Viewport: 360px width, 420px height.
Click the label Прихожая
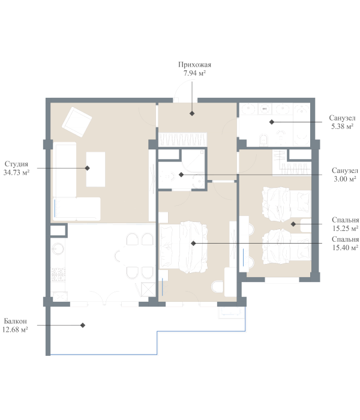195,65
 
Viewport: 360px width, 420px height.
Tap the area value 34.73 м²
16,173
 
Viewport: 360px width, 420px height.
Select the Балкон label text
15,321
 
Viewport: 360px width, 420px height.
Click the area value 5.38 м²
343,127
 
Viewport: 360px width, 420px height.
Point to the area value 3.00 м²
345,179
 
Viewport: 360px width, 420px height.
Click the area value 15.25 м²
346,229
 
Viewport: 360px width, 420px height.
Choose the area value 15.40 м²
346,248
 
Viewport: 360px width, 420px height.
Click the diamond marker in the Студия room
88,168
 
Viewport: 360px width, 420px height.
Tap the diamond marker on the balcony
83,325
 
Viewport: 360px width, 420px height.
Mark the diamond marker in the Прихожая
192,113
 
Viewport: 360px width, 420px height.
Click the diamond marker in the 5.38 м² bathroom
272,122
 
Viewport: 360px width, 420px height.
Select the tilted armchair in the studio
77,122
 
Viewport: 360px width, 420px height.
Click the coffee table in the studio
95,169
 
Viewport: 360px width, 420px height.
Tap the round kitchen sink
58,248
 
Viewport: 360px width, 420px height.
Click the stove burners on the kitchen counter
58,274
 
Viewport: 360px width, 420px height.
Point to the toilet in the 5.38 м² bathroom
264,140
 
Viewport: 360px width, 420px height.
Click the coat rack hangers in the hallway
182,139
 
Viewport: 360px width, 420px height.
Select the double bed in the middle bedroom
184,247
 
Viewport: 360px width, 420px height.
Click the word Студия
16,164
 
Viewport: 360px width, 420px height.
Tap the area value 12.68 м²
15,330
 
